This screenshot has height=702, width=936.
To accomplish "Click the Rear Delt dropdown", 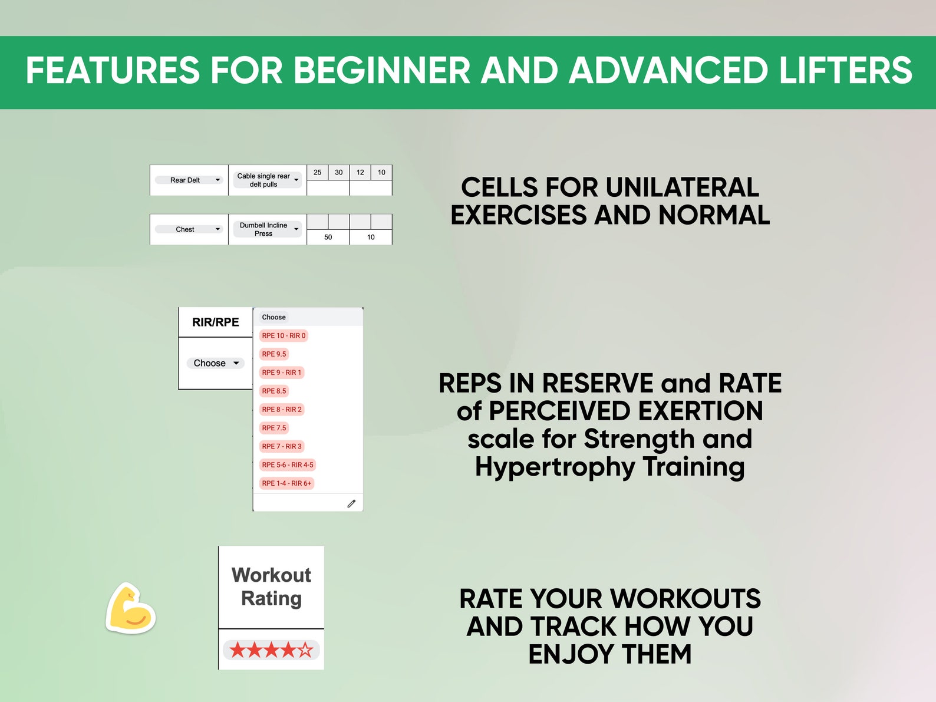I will click(x=189, y=180).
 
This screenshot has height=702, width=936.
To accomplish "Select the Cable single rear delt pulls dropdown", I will click(x=268, y=180).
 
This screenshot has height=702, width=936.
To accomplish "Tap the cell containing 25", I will click(x=317, y=172).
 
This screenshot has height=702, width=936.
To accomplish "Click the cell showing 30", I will click(x=338, y=172).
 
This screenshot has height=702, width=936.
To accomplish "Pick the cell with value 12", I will click(x=360, y=172).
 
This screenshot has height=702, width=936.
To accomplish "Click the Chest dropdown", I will click(x=189, y=229).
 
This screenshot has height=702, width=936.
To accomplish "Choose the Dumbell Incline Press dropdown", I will click(x=268, y=229).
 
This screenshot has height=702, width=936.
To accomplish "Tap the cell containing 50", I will click(x=328, y=237).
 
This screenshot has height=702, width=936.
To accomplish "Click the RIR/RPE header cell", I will click(x=216, y=322).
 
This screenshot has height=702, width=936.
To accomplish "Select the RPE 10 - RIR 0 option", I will click(x=284, y=335).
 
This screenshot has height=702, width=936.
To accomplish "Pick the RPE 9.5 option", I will click(x=274, y=354).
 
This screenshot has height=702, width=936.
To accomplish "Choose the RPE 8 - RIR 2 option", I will click(x=282, y=409).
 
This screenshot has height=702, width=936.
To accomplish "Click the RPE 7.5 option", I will click(x=274, y=428).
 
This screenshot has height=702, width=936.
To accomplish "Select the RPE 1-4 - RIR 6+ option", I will click(x=286, y=483).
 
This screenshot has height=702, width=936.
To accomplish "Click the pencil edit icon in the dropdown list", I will click(x=351, y=503).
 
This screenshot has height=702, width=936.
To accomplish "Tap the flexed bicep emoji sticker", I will click(x=130, y=609).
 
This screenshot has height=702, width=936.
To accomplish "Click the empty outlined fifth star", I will click(x=305, y=650).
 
